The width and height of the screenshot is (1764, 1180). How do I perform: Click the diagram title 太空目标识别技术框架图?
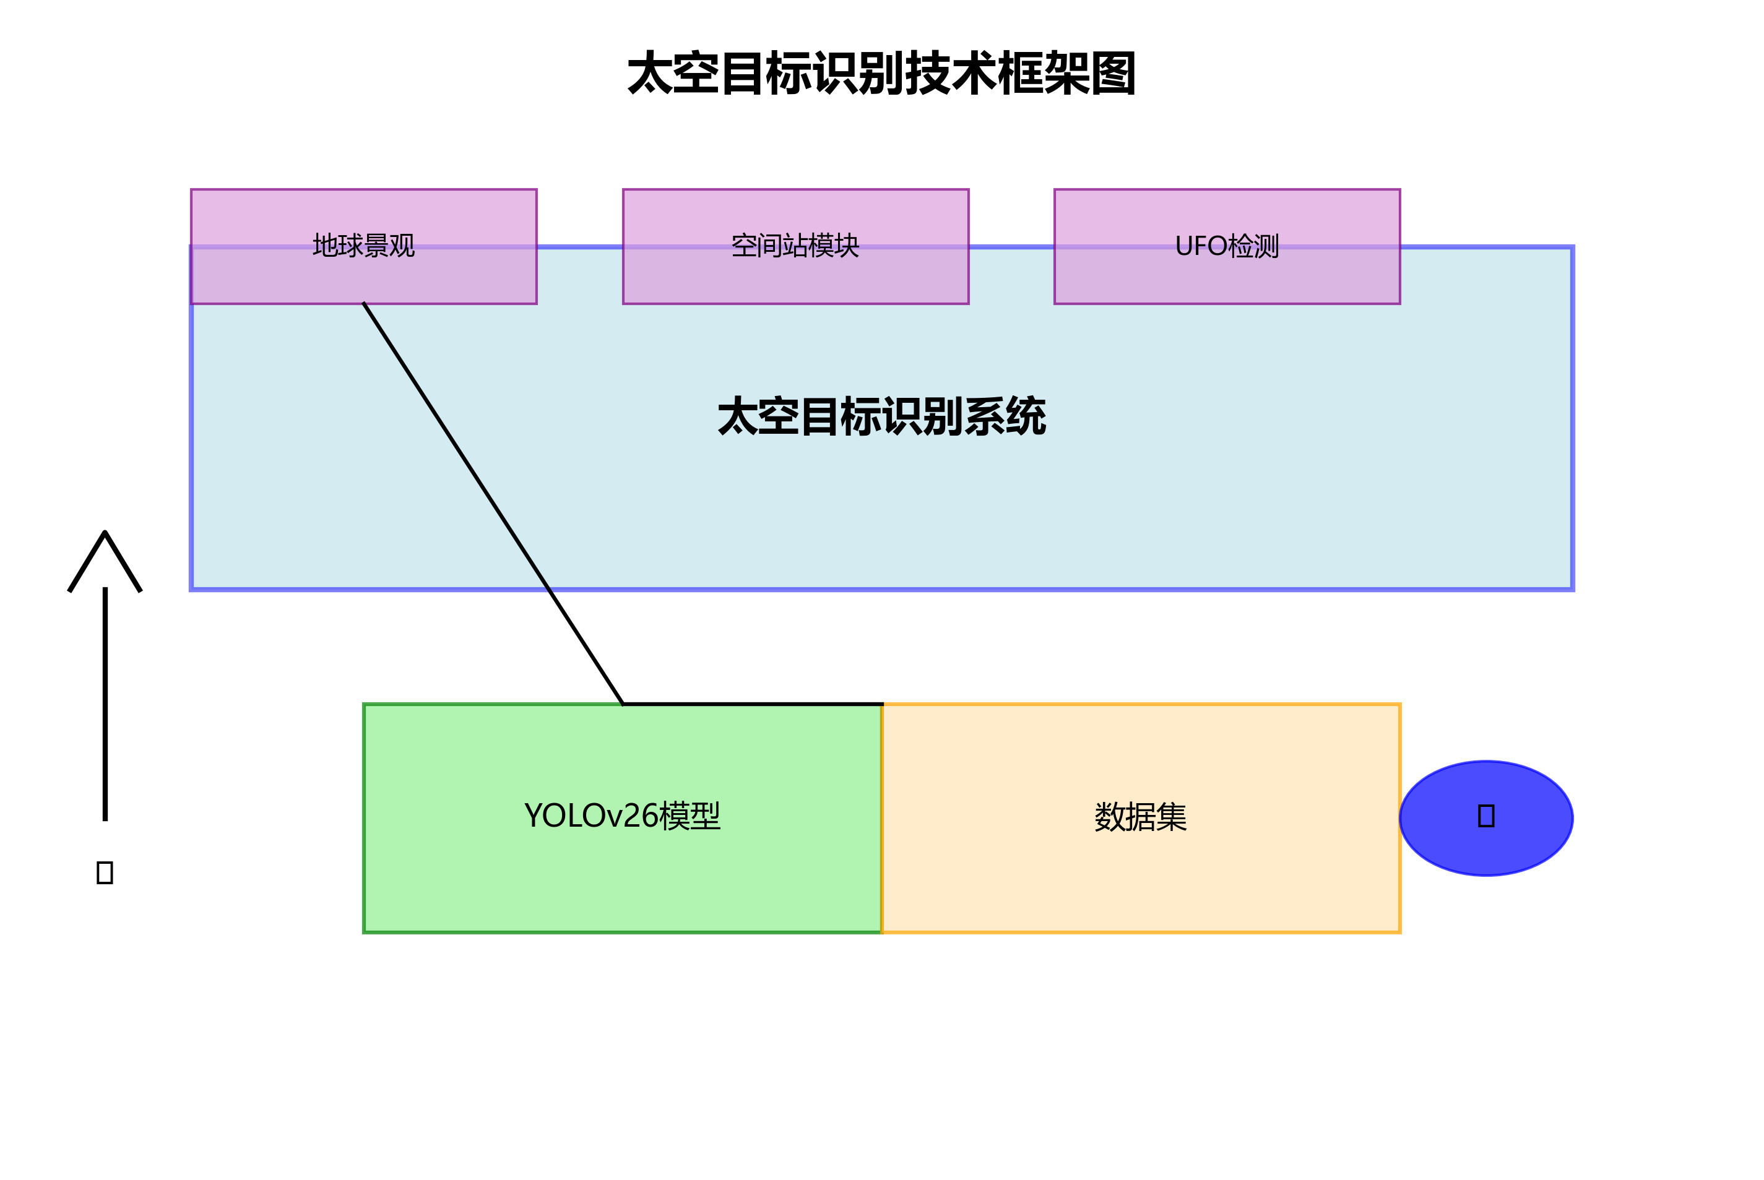coord(881,74)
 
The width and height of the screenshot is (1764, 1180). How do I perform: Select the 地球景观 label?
coord(363,246)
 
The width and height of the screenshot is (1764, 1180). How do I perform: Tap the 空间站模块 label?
coord(795,246)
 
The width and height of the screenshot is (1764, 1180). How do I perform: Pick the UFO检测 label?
coord(1227,246)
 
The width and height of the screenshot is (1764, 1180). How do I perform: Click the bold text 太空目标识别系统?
coord(881,416)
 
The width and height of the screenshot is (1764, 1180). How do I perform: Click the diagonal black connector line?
coord(493,502)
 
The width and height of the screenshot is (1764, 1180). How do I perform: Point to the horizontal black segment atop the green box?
coord(753,704)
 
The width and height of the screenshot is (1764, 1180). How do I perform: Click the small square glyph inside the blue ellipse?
coord(1486,816)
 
